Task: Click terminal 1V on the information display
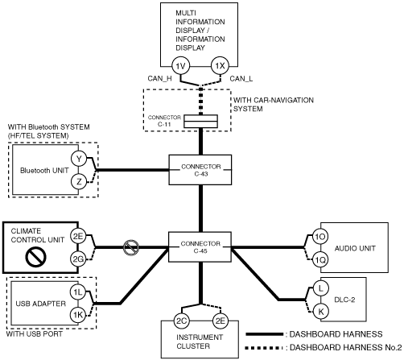pos(180,66)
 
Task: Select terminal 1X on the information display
pos(220,66)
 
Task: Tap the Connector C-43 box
pos(200,170)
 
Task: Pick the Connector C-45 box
pos(200,247)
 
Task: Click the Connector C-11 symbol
pos(200,122)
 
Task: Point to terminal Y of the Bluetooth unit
pos(79,159)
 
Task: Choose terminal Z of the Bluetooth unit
pos(79,182)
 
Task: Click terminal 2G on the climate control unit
pos(78,259)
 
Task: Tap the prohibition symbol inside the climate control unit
pos(35,257)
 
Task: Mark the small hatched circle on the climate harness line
pos(131,247)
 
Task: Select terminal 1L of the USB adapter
pos(78,292)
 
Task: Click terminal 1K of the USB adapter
pos(78,315)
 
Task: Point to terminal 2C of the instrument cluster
pos(181,321)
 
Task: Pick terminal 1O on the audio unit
pos(320,237)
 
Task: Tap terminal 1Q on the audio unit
pos(320,259)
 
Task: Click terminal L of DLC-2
pos(321,288)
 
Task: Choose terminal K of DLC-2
pos(321,312)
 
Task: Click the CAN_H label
pos(159,79)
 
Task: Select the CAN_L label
pos(241,79)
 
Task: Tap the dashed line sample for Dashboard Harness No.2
pos(264,348)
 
